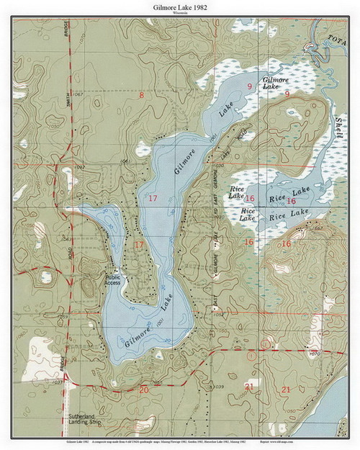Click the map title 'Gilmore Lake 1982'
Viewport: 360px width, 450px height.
(179, 6)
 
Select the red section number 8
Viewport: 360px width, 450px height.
(142, 96)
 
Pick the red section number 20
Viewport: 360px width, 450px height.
(144, 390)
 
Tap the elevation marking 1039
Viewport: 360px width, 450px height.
(219, 387)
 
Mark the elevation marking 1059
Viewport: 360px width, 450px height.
(63, 317)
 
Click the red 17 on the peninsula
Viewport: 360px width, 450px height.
(139, 246)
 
